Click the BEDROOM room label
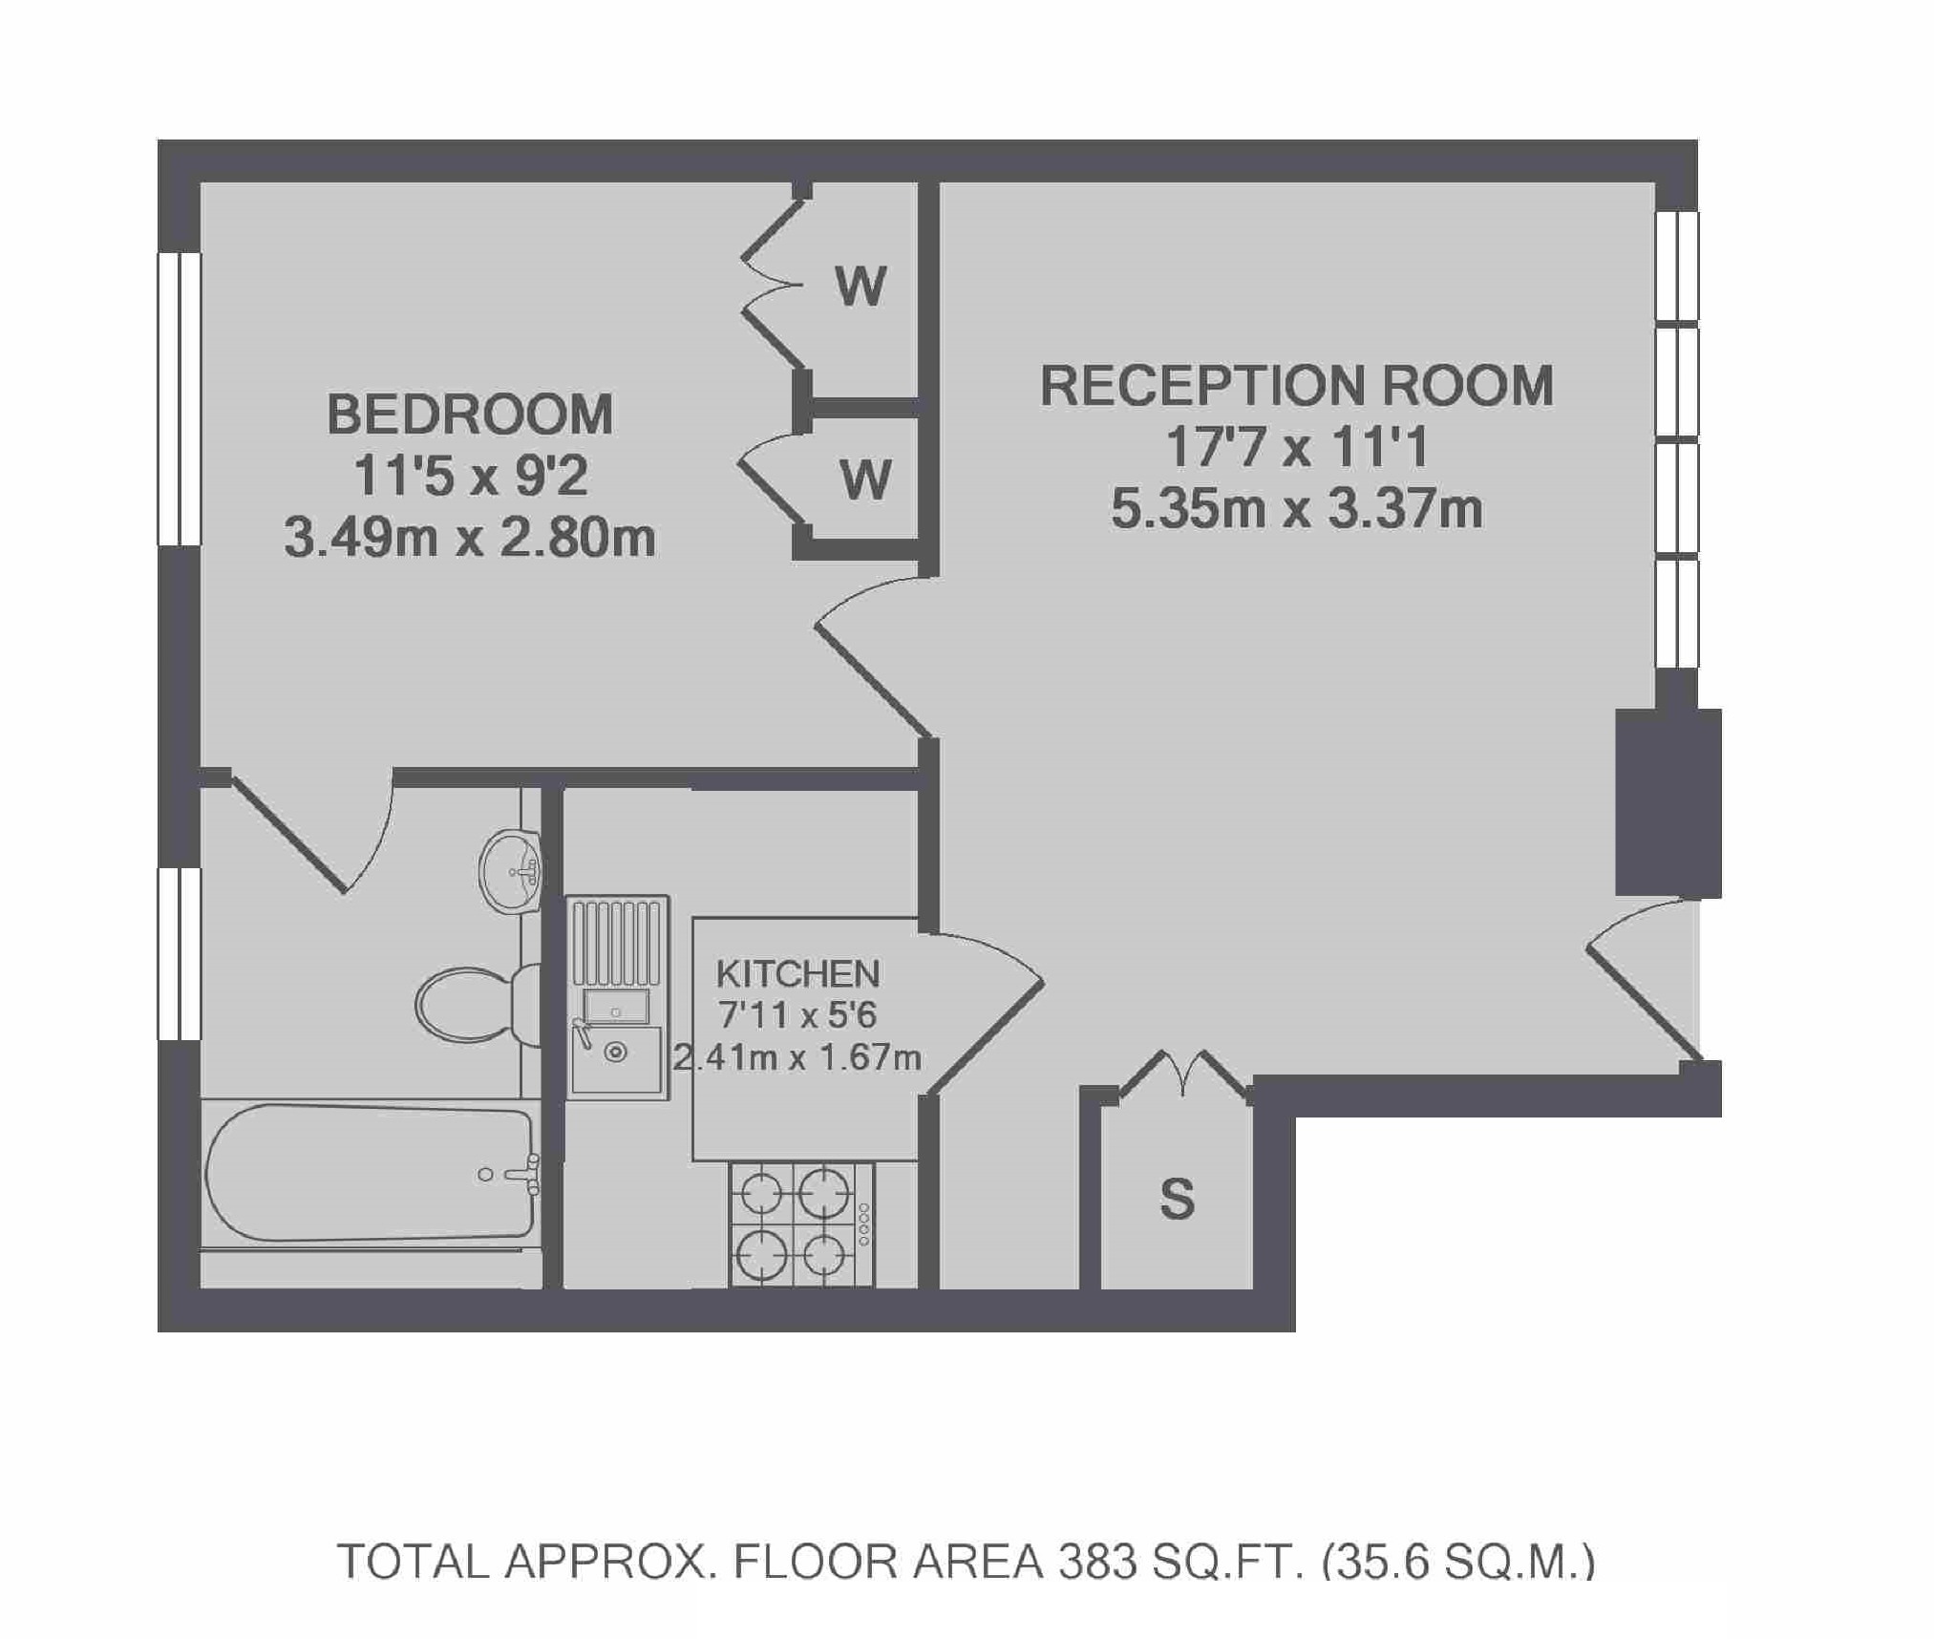(x=470, y=414)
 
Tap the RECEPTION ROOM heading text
(x=1296, y=385)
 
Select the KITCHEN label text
(x=797, y=973)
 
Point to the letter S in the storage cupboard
(x=1177, y=1200)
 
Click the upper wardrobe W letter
(x=861, y=285)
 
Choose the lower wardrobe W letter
(x=865, y=479)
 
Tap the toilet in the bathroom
(x=478, y=1005)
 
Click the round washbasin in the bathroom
(x=510, y=872)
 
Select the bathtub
(x=371, y=1174)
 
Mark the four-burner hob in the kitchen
(x=801, y=1224)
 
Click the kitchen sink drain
(x=616, y=1053)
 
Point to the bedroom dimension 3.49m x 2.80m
(x=470, y=539)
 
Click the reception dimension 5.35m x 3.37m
(x=1296, y=508)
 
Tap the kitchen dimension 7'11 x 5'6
(x=797, y=1014)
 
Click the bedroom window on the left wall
(x=180, y=399)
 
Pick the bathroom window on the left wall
(x=180, y=953)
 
